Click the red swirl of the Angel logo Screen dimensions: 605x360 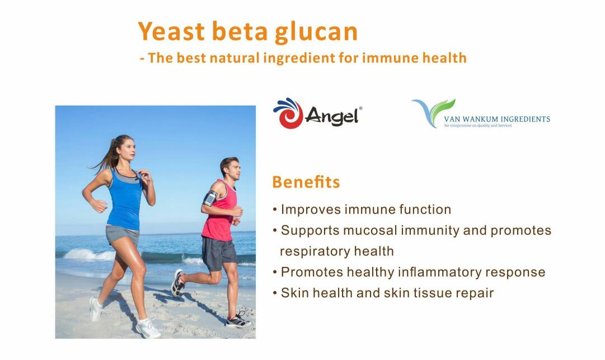[x=289, y=114]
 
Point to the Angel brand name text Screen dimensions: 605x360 [x=332, y=115]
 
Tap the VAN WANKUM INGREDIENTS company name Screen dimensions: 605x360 [x=497, y=119]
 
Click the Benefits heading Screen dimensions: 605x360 [x=306, y=182]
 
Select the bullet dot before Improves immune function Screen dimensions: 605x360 [x=275, y=210]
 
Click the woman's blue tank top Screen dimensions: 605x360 [x=125, y=200]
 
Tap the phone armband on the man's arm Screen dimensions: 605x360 [x=210, y=198]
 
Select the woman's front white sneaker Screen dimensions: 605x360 [x=148, y=328]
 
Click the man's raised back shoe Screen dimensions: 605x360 [x=177, y=282]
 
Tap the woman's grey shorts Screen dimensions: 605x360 [x=121, y=235]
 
